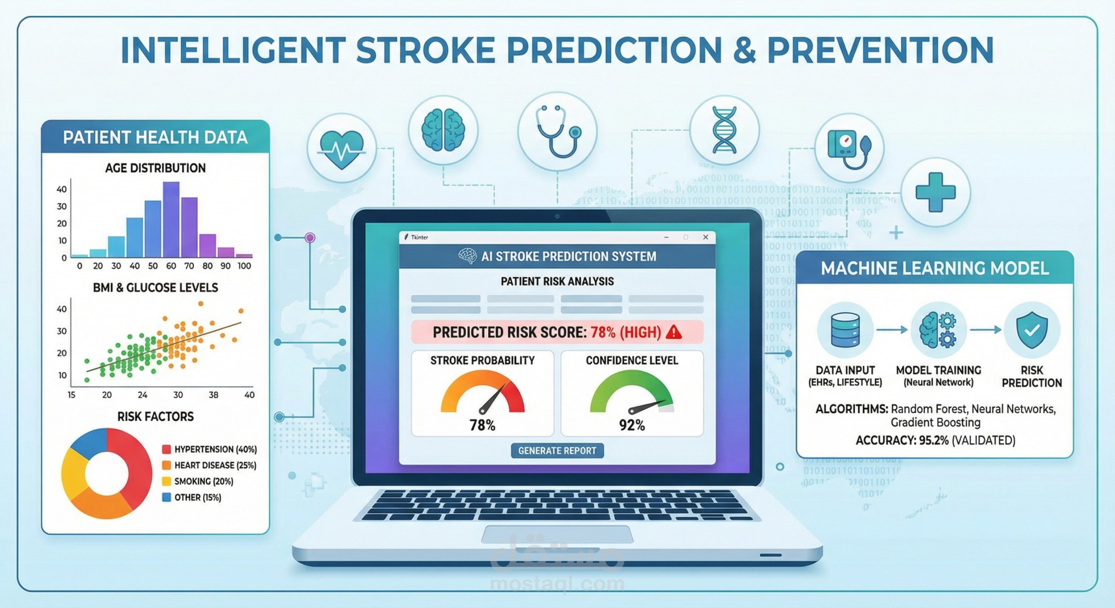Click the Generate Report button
point(557,451)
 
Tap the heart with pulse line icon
point(341,149)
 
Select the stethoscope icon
point(558,132)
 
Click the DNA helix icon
point(724,131)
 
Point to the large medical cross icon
point(935,193)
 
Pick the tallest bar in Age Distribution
point(171,219)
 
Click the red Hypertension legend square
point(166,449)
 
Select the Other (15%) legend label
point(197,498)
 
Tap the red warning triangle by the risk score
point(674,332)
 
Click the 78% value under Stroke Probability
point(483,425)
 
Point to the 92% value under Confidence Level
point(632,425)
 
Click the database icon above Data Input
point(845,330)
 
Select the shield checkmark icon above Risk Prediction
point(1031,330)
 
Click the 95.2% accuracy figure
point(933,441)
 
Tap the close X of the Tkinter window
point(705,238)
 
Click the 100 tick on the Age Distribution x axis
point(244,266)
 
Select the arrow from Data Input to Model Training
point(892,330)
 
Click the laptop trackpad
point(557,534)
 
